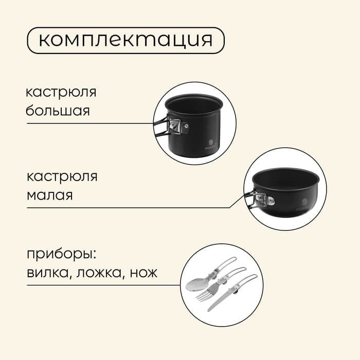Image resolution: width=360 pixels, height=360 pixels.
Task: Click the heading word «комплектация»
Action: pos(125,40)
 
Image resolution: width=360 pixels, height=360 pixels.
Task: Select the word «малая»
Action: pos(50,195)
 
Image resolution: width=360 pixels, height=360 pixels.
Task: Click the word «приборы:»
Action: pos(61,255)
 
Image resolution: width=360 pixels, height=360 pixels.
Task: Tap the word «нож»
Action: pos(143,273)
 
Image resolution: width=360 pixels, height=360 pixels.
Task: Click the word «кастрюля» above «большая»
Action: pos(61,93)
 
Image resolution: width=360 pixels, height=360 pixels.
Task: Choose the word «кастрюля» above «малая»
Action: pos(62,177)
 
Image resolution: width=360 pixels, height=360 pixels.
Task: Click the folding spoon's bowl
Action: pos(194,285)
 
